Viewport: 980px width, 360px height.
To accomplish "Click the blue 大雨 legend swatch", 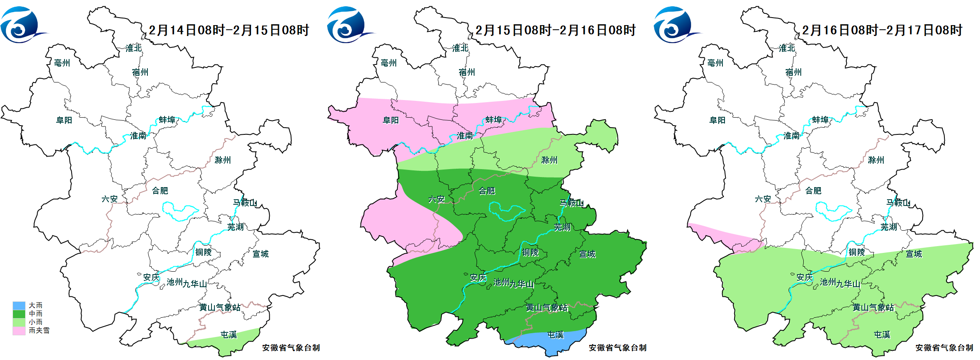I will pyautogui.click(x=19, y=306).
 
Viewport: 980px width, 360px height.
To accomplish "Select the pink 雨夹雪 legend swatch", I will pyautogui.click(x=19, y=331).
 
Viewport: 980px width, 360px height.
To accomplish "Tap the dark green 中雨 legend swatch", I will pyautogui.click(x=19, y=314).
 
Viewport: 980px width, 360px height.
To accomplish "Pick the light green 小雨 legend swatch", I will pyautogui.click(x=19, y=322).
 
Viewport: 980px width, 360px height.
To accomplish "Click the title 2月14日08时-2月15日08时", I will pyautogui.click(x=229, y=30).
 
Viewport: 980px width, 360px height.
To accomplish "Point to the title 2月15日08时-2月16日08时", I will pyautogui.click(x=555, y=30).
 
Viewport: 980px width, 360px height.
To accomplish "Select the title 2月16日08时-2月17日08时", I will pyautogui.click(x=882, y=30).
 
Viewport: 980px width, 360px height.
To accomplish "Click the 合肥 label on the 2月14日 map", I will pyautogui.click(x=160, y=191).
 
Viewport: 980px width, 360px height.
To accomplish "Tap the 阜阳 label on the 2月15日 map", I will pyautogui.click(x=391, y=121).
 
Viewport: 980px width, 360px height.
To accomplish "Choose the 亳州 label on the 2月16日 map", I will pyautogui.click(x=715, y=63).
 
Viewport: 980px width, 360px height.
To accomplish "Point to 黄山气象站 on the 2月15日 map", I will pyautogui.click(x=547, y=308).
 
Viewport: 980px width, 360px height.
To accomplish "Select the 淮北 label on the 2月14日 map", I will pyautogui.click(x=134, y=48).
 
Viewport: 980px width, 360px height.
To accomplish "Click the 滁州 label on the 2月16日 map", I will pyautogui.click(x=876, y=160).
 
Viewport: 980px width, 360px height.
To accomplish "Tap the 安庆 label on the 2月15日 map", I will pyautogui.click(x=478, y=278).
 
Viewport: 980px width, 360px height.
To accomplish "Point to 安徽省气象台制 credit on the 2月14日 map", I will pyautogui.click(x=291, y=348).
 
